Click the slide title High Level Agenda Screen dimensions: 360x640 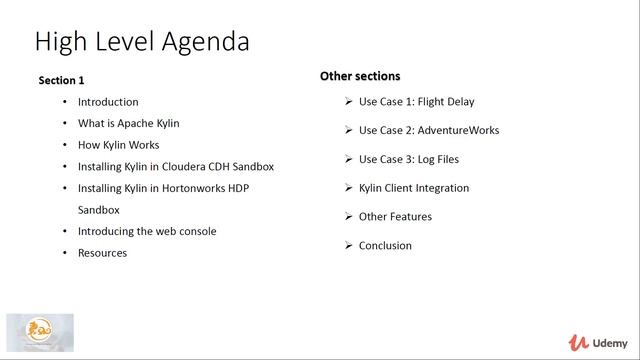tap(141, 42)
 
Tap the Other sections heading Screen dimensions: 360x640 tap(360, 76)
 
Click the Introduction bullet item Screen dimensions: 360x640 tap(108, 102)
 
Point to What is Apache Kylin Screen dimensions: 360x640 tap(129, 123)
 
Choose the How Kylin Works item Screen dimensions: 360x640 tap(118, 145)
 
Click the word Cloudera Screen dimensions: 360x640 tap(182, 167)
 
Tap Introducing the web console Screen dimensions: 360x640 tap(147, 231)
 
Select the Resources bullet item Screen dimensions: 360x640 tap(102, 253)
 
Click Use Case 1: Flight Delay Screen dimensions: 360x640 tap(416, 102)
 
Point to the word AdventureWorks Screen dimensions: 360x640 tap(459, 130)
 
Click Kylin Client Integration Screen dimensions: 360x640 tap(414, 188)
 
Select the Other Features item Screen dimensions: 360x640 tap(395, 217)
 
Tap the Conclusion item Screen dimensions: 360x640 tap(385, 246)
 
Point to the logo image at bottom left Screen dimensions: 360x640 tap(40, 334)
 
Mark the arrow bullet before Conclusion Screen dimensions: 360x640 tap(347, 246)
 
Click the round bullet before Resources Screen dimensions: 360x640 tap(65, 253)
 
